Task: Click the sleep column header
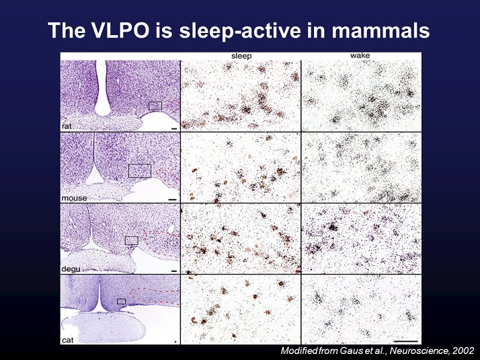tap(241, 56)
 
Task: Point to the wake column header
tap(360, 56)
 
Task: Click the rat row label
tap(68, 126)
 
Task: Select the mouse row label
tap(73, 199)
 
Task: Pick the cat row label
tap(67, 340)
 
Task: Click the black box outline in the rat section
tap(155, 106)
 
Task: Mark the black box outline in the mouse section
tap(139, 170)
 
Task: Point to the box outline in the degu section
tap(132, 240)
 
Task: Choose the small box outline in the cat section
tap(122, 301)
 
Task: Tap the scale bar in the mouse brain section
tap(172, 199)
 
